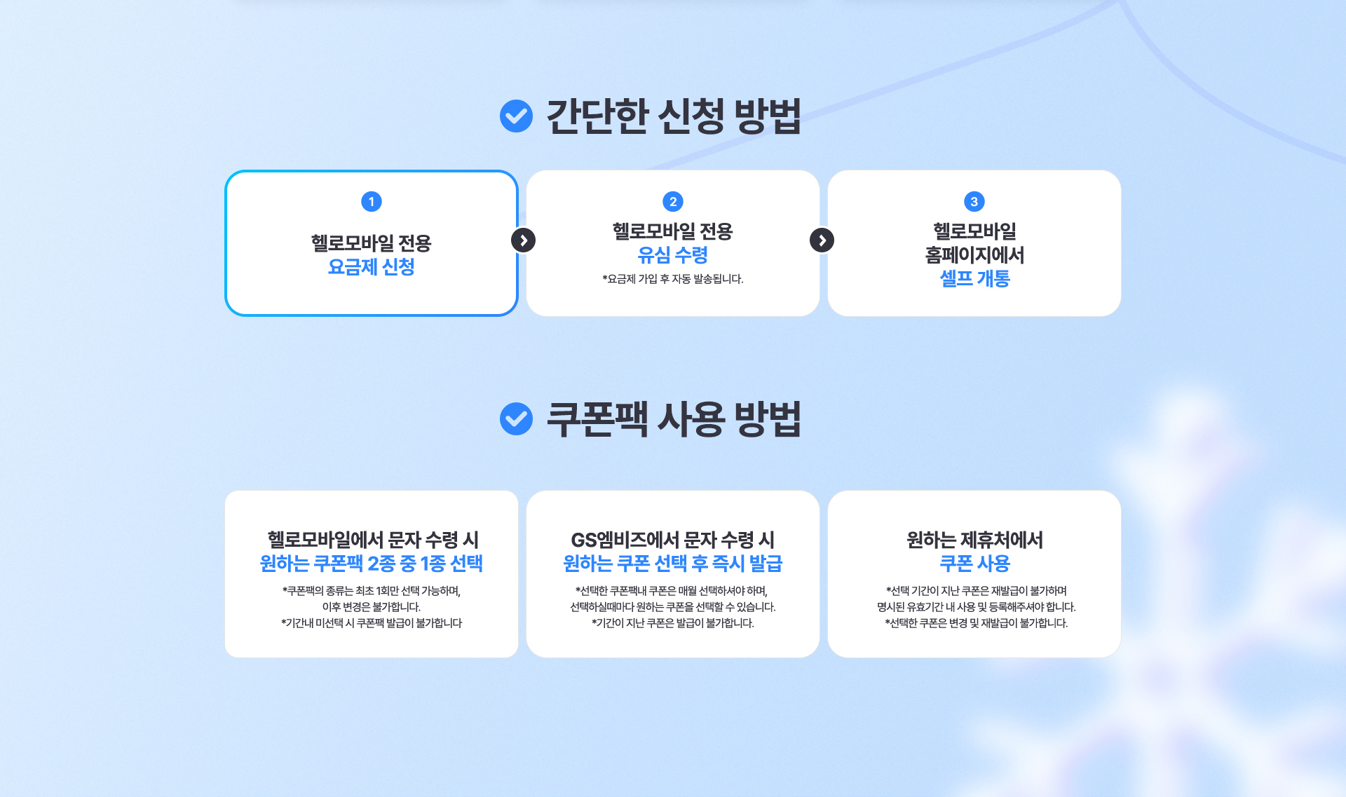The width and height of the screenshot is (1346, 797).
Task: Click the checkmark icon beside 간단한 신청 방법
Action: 516,116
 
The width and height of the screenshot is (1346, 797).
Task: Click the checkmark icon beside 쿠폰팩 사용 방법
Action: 516,418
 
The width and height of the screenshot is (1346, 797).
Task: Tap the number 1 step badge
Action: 372,202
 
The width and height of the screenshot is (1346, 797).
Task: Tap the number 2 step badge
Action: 673,202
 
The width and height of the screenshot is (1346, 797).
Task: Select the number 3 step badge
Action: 974,202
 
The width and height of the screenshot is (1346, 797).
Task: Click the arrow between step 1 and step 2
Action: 523,240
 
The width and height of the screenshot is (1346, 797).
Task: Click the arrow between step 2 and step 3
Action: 822,240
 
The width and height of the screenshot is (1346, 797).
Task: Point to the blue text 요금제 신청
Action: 372,267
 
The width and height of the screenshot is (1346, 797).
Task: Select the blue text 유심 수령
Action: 673,255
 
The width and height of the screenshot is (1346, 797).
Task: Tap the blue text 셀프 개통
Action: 974,279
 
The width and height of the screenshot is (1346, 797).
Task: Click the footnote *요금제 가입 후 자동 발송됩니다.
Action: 673,279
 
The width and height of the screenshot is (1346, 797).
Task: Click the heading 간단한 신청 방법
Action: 673,116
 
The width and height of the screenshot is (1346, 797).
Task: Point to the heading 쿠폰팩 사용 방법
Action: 673,419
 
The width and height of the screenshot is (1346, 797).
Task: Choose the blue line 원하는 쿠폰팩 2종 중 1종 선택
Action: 372,564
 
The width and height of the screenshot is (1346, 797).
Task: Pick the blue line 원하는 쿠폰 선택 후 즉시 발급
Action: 673,564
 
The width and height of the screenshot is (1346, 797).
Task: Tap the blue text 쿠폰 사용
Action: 974,564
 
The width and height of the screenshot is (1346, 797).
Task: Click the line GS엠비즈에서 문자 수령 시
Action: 673,540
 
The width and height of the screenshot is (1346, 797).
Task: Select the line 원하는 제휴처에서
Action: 974,540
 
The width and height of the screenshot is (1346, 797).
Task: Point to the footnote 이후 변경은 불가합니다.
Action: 372,607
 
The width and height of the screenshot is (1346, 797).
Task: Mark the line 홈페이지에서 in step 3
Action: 974,255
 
